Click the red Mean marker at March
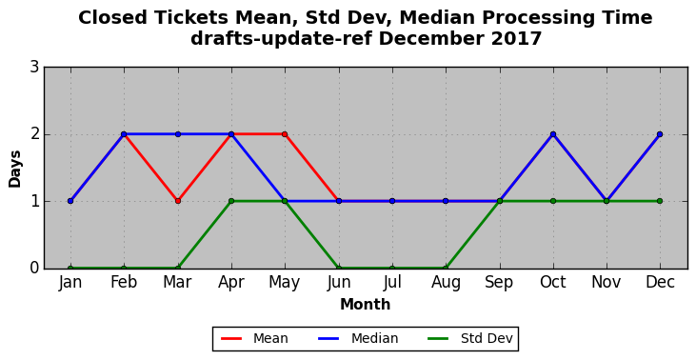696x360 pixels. [178, 201]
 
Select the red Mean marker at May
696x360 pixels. [285, 134]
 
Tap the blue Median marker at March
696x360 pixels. [178, 134]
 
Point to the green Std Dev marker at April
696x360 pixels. [231, 201]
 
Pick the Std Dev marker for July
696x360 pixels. [392, 269]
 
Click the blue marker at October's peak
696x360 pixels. [553, 134]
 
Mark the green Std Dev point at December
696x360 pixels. [660, 201]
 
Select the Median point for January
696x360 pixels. [70, 201]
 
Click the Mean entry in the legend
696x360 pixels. [254, 339]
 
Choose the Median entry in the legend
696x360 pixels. [358, 339]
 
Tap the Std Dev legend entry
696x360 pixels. [470, 339]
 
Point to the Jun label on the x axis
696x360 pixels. [339, 283]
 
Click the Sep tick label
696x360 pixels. [499, 283]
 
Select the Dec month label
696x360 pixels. [660, 282]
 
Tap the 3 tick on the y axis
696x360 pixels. [34, 68]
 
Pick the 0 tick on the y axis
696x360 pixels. [34, 269]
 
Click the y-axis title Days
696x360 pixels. [15, 169]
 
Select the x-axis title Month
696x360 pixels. [366, 305]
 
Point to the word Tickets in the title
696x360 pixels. [190, 18]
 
